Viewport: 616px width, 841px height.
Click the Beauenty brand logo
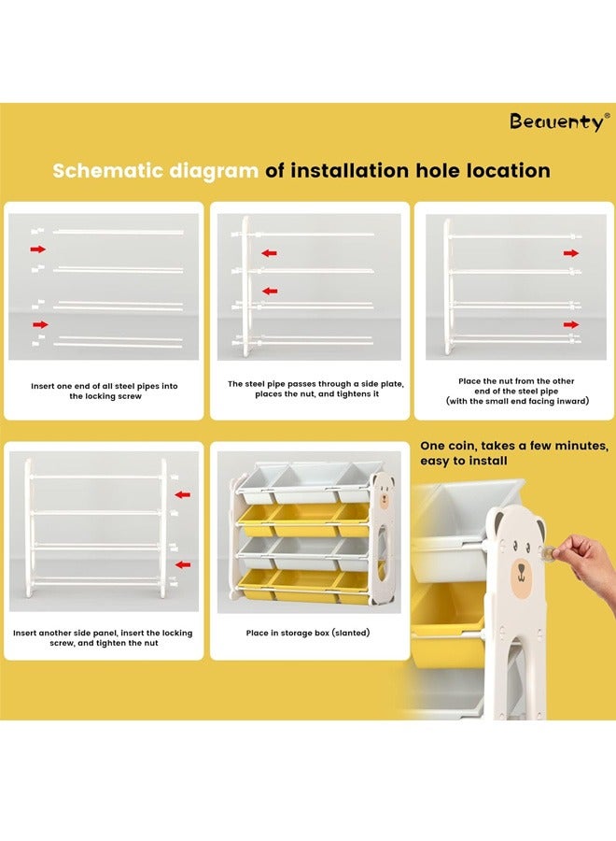(x=559, y=121)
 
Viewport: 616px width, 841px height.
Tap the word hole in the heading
(x=439, y=171)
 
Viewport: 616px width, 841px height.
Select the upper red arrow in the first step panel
(x=38, y=249)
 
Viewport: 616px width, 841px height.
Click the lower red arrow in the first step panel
(x=40, y=324)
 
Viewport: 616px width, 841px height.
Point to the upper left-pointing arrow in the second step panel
(x=269, y=253)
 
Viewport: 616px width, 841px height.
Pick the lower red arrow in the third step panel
(x=571, y=324)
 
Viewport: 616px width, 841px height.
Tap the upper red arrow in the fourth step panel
(x=183, y=494)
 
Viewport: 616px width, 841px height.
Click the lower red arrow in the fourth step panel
(x=183, y=564)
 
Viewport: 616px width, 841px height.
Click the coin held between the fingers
(x=548, y=552)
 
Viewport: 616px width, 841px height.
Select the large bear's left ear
(x=498, y=522)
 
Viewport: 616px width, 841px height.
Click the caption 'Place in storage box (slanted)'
(x=308, y=633)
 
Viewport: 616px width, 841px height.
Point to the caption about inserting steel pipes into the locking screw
(x=105, y=391)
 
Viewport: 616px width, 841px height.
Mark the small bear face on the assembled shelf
(x=384, y=494)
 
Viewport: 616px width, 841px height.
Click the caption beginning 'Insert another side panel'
(x=103, y=637)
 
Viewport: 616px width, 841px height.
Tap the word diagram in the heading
(x=214, y=171)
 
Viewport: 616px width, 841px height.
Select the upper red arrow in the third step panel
(x=571, y=253)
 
